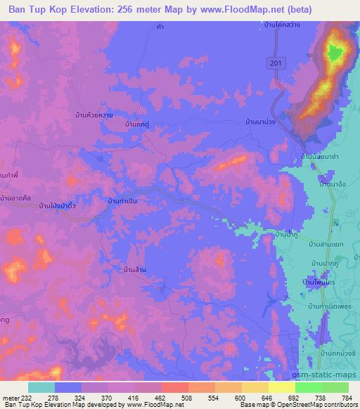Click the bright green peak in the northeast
click(335, 51)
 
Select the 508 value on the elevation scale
click(187, 398)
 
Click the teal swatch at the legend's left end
click(41, 387)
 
